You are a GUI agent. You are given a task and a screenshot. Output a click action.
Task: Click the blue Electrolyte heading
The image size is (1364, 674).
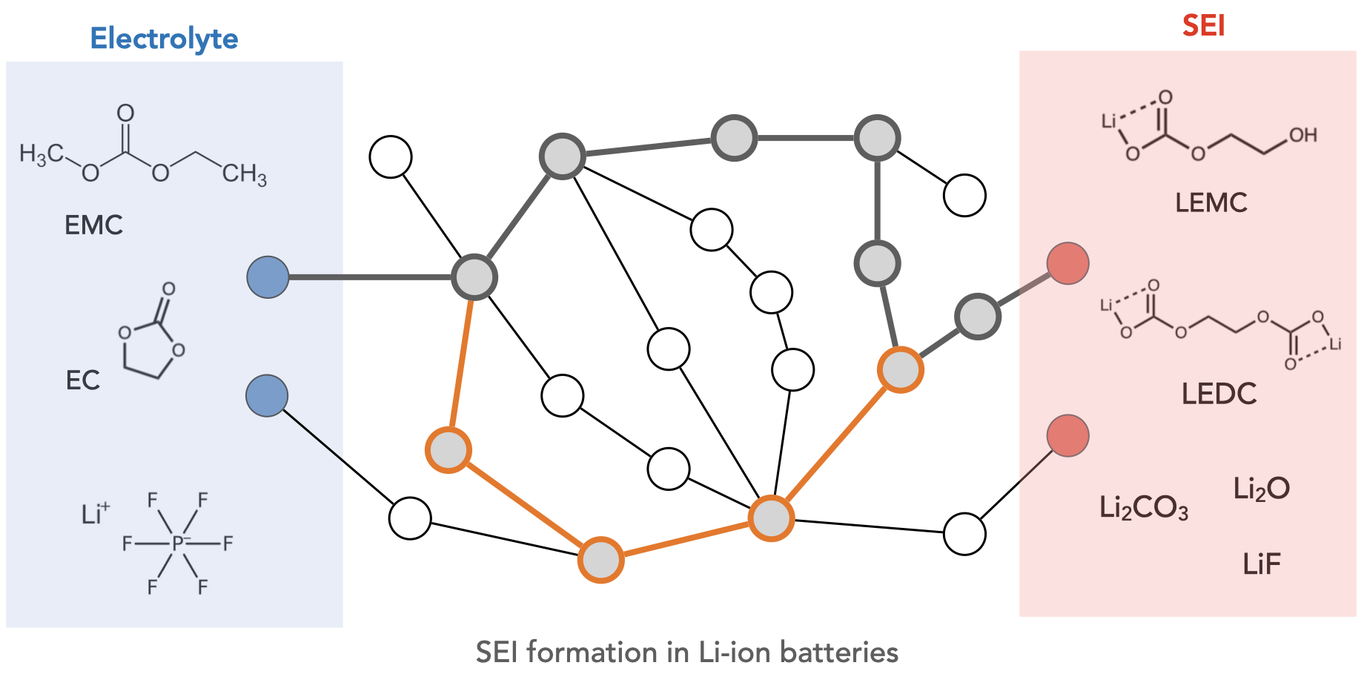[x=164, y=39]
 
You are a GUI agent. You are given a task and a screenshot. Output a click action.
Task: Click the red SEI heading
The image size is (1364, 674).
[x=1203, y=26]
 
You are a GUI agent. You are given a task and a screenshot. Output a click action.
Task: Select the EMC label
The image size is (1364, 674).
[x=93, y=225]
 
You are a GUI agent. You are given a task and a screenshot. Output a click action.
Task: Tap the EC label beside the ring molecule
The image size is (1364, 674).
[x=82, y=380]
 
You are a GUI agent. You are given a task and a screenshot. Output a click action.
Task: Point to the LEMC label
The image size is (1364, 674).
[x=1211, y=202]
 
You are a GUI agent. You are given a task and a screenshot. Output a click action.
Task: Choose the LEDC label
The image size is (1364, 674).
[x=1219, y=394]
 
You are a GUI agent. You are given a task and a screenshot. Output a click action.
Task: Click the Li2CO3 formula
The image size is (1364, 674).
[x=1143, y=508]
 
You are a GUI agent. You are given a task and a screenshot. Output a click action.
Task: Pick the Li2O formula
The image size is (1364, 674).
[x=1261, y=489]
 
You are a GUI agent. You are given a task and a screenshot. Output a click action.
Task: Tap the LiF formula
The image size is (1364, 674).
[x=1262, y=564]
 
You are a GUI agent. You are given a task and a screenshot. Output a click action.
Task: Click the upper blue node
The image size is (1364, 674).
[x=268, y=277]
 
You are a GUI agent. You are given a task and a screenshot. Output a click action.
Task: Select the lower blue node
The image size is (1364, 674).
[x=267, y=396]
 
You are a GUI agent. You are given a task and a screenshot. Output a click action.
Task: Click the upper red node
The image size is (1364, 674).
[x=1067, y=263]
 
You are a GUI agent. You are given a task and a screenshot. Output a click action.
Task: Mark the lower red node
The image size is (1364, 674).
[x=1067, y=436]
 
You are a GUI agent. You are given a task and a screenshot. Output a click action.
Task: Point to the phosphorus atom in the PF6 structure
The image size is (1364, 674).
[x=178, y=544]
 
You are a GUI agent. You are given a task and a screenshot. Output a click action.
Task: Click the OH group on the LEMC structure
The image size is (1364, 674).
[x=1302, y=135]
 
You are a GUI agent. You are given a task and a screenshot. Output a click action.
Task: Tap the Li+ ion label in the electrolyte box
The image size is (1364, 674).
[x=95, y=513]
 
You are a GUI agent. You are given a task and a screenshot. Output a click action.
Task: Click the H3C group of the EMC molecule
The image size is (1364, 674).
[x=42, y=154]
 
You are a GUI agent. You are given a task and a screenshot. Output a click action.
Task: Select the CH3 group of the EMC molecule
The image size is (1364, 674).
[x=244, y=174]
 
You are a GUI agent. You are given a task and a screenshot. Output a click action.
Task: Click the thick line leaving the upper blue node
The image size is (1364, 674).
[x=371, y=277]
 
